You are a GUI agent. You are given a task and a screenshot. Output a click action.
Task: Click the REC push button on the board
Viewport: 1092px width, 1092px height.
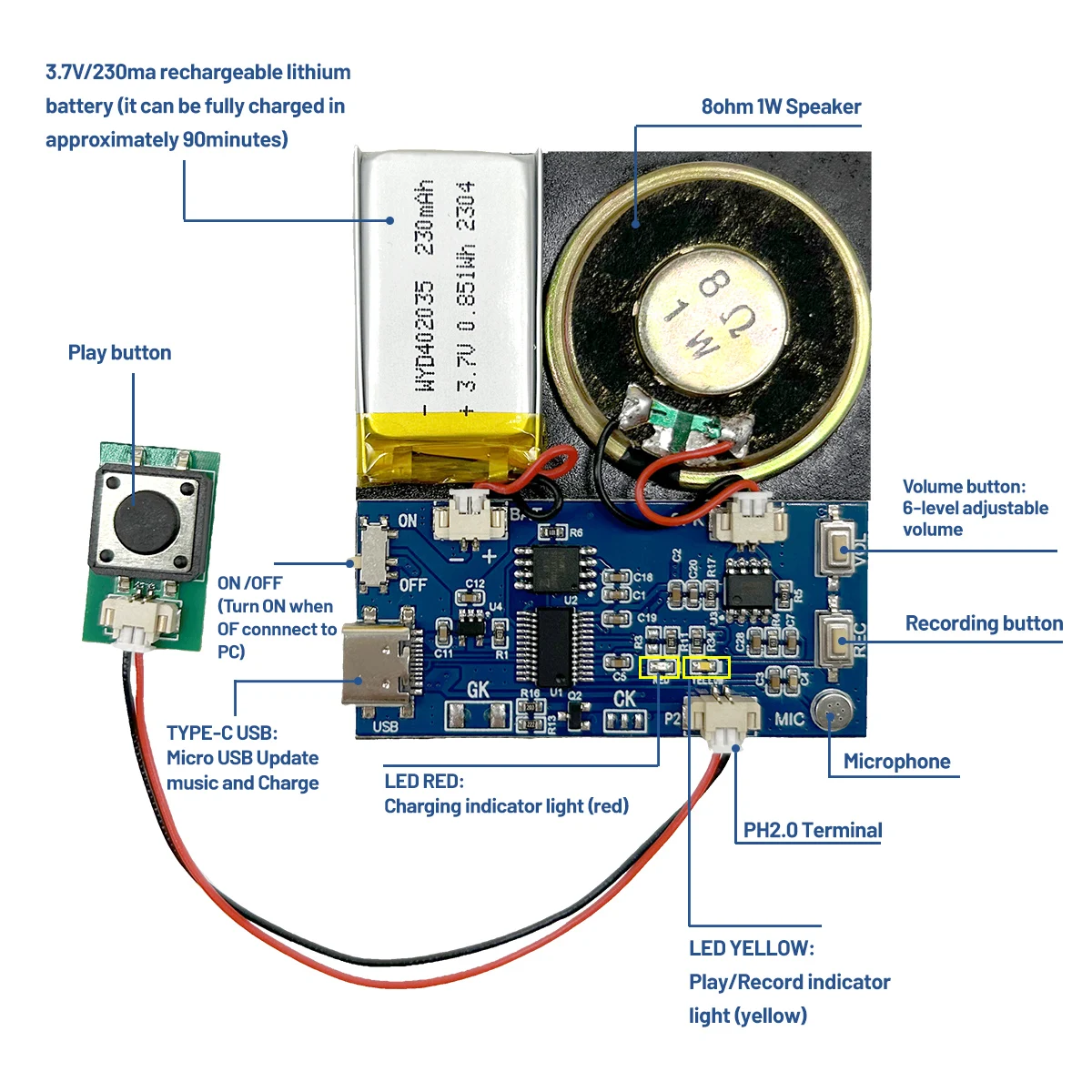pos(836,637)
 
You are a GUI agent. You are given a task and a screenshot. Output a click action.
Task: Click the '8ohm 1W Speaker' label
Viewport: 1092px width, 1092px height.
pos(781,107)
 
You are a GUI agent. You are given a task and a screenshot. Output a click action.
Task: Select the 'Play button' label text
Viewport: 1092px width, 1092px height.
pos(119,353)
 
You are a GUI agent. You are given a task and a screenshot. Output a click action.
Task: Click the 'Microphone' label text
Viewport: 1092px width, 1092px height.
pos(896,762)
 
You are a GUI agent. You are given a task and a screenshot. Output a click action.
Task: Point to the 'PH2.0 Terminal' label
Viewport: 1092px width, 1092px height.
pos(813,830)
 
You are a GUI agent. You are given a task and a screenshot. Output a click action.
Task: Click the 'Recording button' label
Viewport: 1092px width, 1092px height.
pos(984,623)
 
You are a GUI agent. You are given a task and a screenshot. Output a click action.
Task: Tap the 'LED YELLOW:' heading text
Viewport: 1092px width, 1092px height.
pos(751,948)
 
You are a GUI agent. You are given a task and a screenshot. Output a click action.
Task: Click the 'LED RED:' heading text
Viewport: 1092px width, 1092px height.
pos(424,781)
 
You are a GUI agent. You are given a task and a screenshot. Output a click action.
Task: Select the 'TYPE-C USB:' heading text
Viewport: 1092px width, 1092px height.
pos(222,733)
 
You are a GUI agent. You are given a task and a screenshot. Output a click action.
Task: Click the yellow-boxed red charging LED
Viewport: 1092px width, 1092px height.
pos(660,669)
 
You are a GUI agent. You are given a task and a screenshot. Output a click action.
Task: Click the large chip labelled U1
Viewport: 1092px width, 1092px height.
pos(553,647)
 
